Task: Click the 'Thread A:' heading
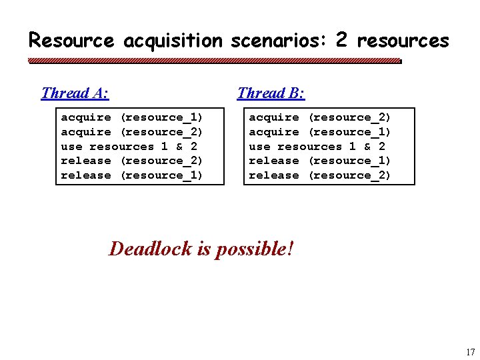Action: click(75, 93)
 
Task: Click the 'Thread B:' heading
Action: click(271, 93)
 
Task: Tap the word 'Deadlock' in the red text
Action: click(151, 249)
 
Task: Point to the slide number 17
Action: click(470, 352)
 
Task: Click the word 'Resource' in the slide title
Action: click(71, 41)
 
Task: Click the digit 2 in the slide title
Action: click(341, 40)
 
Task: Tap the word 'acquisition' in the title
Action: click(173, 41)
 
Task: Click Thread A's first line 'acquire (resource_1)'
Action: click(132, 117)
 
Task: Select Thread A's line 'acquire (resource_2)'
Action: click(132, 132)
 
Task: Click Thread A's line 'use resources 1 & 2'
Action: click(129, 147)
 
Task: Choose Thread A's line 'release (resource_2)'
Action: click(132, 161)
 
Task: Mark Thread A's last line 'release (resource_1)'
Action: click(132, 175)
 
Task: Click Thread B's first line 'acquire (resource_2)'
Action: click(320, 117)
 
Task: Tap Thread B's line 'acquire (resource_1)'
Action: click(320, 132)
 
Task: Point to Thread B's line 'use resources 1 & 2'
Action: click(317, 147)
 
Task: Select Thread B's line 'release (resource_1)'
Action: click(320, 161)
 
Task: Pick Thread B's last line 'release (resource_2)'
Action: click(320, 175)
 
